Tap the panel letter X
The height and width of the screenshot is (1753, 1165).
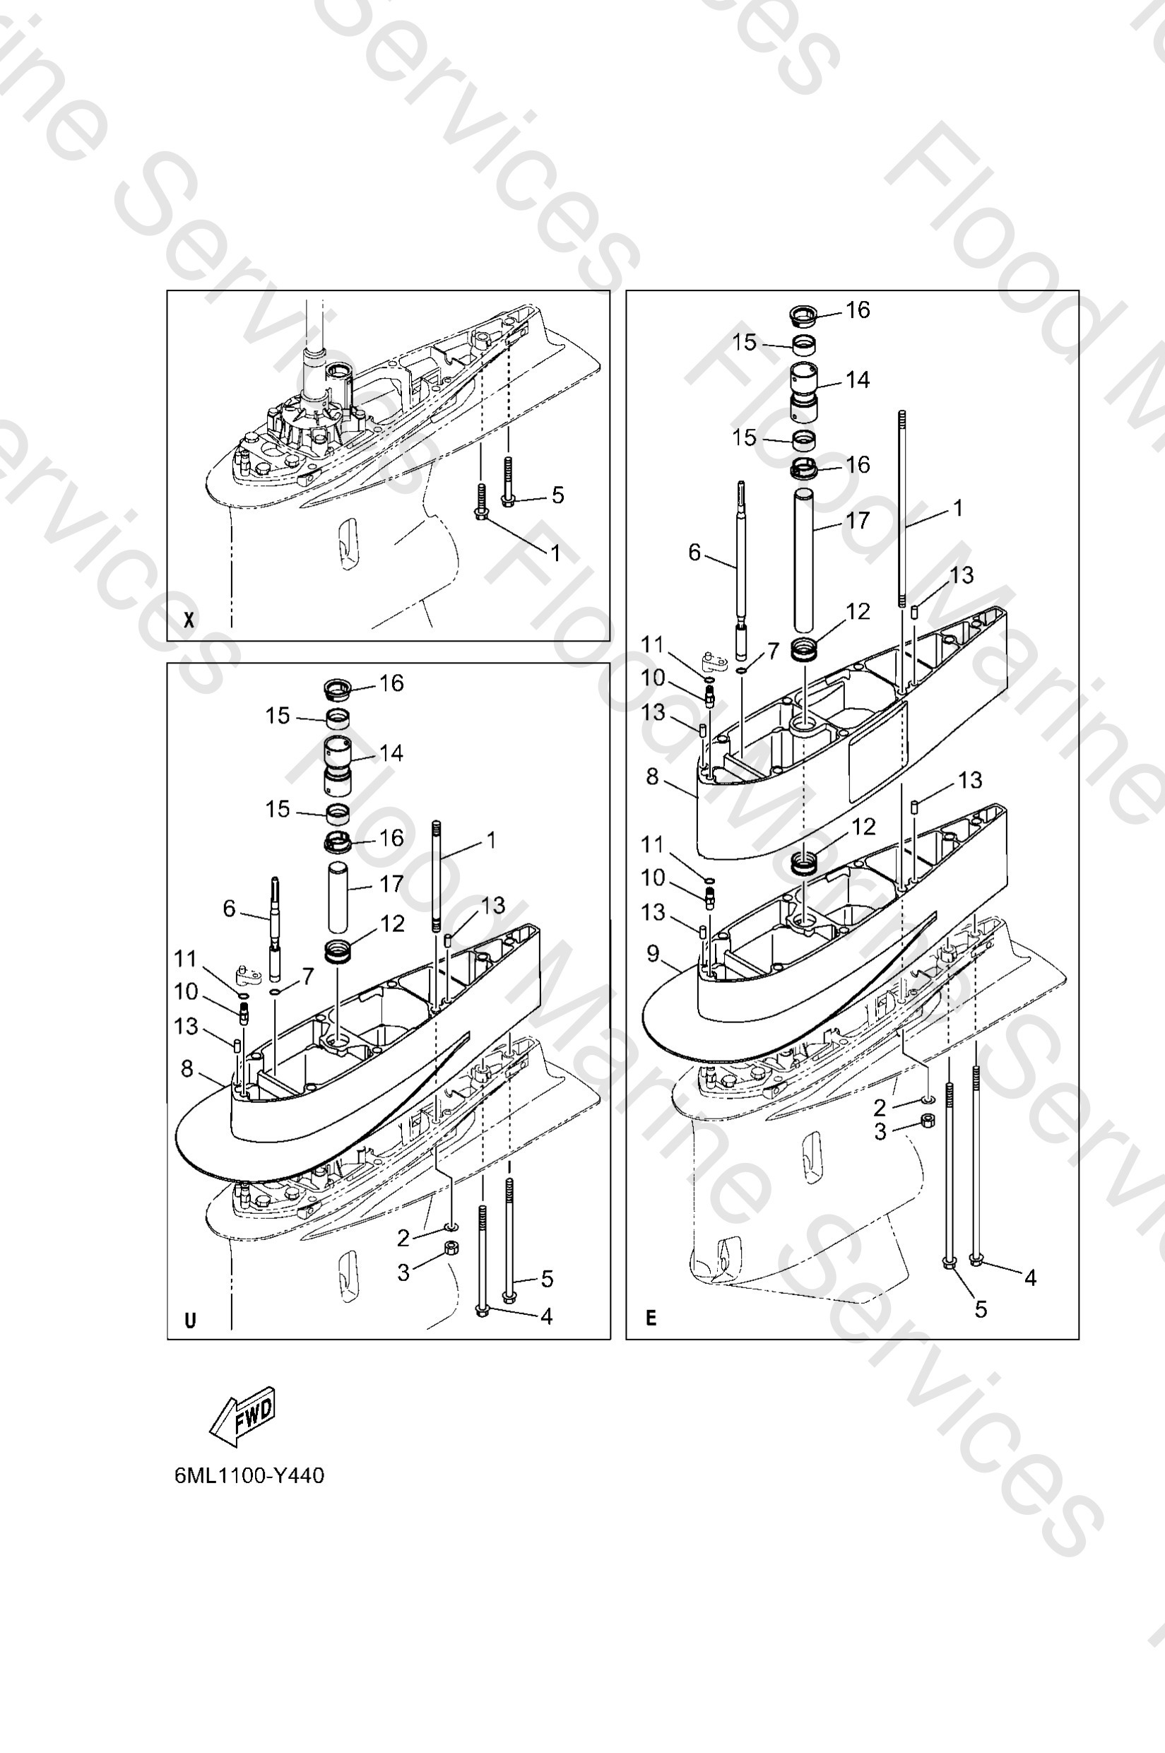[189, 620]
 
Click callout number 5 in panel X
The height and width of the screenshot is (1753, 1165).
[557, 495]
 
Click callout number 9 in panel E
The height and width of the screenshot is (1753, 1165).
[653, 953]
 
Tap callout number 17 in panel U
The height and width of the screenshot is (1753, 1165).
[391, 885]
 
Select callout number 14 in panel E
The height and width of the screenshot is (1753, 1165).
[858, 379]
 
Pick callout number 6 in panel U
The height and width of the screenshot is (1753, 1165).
[230, 908]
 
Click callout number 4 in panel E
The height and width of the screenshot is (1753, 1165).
[1030, 1277]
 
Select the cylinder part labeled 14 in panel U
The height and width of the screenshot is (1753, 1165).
[338, 765]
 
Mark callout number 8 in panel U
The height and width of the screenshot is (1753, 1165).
[187, 1068]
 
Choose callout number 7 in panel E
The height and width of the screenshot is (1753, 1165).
[773, 651]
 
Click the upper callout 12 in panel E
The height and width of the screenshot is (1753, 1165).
[858, 612]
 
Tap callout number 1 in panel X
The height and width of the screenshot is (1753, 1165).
[555, 552]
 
